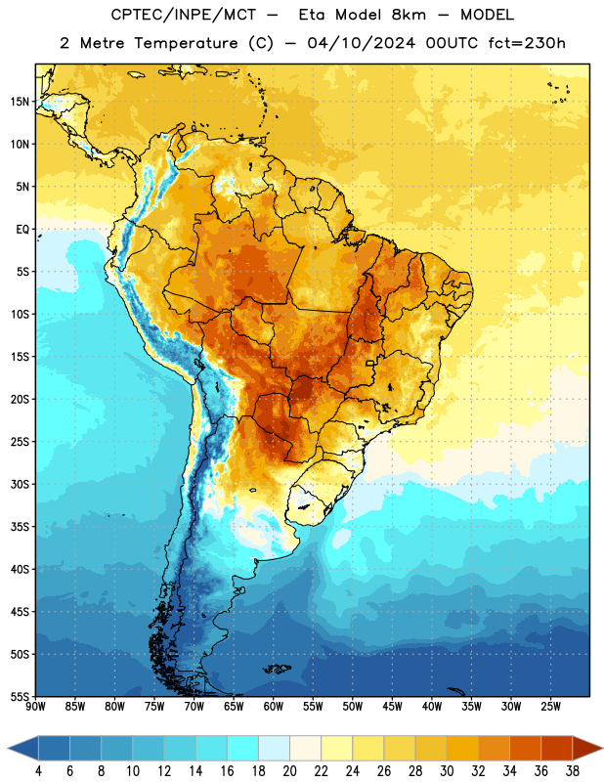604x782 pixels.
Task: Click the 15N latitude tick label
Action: (20, 102)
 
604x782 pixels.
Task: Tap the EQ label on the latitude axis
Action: (22, 230)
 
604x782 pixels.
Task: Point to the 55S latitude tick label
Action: (20, 696)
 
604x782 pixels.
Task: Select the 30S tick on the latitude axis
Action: (20, 484)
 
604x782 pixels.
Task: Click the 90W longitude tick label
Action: (35, 707)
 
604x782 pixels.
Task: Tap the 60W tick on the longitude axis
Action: (274, 707)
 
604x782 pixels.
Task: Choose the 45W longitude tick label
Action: (393, 707)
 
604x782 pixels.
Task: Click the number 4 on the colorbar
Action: (38, 771)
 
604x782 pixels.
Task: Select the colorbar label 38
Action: (573, 771)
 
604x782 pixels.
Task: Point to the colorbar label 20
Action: (289, 771)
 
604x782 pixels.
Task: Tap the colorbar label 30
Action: (447, 771)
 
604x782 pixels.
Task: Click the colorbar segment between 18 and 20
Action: (275, 749)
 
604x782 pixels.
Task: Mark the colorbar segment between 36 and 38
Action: (557, 749)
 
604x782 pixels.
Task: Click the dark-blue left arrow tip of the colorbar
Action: (9, 749)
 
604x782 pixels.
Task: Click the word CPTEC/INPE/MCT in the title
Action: (184, 15)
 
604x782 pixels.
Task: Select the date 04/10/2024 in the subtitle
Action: (362, 43)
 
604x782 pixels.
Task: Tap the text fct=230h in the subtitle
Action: (527, 43)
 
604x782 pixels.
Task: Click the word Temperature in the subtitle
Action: (186, 44)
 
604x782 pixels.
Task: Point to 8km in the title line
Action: (409, 15)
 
